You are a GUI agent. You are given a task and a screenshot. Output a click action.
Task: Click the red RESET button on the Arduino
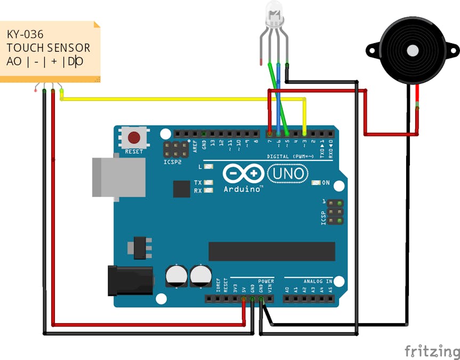tap(134, 138)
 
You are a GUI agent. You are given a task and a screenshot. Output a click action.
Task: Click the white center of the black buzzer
tap(412, 51)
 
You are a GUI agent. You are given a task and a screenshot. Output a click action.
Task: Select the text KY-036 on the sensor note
tap(25, 34)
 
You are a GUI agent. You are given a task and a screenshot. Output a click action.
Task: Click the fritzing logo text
tap(431, 351)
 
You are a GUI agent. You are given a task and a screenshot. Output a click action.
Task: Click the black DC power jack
tap(130, 281)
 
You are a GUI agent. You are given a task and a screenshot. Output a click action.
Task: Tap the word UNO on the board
tap(287, 173)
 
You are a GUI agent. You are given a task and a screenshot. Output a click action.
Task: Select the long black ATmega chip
tap(271, 251)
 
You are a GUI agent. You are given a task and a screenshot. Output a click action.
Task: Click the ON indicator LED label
tap(326, 183)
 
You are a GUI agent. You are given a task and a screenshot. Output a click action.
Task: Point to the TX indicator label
tap(198, 182)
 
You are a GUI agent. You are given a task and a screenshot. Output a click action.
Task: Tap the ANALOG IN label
tap(318, 281)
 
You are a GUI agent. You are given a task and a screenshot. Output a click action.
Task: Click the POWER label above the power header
tap(265, 281)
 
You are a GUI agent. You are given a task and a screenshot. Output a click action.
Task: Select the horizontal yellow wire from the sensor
tap(176, 99)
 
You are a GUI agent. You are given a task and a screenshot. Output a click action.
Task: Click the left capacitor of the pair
tap(176, 275)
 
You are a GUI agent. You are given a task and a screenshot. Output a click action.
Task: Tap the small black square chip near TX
tap(181, 188)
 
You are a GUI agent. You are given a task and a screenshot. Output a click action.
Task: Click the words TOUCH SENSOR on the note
tap(49, 47)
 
